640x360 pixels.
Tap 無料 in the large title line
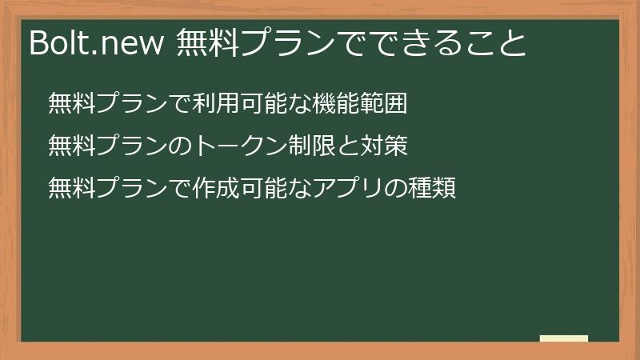206,42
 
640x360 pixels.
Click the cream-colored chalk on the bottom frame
563,339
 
